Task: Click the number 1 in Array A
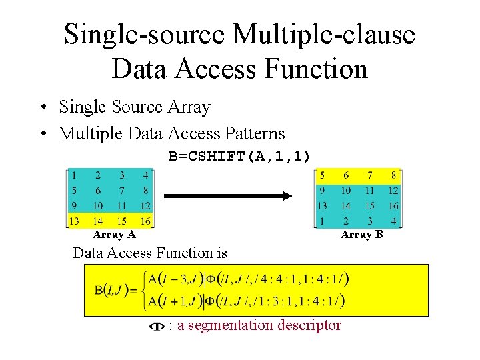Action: (74, 176)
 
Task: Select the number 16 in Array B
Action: (393, 206)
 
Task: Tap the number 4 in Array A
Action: (145, 176)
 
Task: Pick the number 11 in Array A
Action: (121, 206)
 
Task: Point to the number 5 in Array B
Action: (323, 176)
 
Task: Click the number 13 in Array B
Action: (321, 206)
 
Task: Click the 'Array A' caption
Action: (114, 234)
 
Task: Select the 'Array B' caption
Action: (361, 234)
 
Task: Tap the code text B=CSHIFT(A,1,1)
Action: (239, 156)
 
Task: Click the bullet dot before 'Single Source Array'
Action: (42, 107)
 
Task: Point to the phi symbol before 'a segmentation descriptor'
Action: (157, 326)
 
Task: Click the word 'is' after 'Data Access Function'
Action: (221, 253)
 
